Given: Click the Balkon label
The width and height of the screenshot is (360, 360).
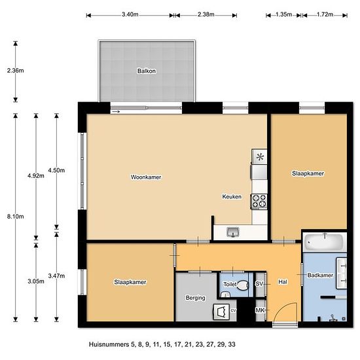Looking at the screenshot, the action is [x=147, y=71].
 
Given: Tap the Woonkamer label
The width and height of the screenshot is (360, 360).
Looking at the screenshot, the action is [x=146, y=177].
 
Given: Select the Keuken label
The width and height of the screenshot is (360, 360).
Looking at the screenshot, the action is [x=232, y=196].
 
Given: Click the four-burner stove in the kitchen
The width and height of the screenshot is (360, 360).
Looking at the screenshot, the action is [x=259, y=201].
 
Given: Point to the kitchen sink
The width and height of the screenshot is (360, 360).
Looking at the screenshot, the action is [x=233, y=232].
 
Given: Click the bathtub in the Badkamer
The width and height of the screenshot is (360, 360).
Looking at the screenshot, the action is [x=325, y=242].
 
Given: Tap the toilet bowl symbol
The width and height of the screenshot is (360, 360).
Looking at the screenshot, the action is [x=243, y=285].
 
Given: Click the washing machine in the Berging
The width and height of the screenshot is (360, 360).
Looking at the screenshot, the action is [x=221, y=312].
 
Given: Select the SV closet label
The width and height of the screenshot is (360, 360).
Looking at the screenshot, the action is [x=259, y=284].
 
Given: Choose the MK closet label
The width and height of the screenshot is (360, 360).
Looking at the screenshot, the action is [x=260, y=310].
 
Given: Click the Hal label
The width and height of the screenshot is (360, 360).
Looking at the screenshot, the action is [x=283, y=281].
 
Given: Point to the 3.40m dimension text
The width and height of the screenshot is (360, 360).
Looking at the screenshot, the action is [x=130, y=14].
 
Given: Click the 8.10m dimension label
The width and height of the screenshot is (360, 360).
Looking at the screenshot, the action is [x=16, y=216].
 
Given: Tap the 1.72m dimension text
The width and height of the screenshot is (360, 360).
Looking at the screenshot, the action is [x=325, y=14].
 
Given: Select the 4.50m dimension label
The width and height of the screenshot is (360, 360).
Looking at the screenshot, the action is [x=56, y=170].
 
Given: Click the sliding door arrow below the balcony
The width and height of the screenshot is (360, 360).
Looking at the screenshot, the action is [x=116, y=111].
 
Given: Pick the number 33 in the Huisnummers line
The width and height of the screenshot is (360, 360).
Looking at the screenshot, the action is [x=232, y=344].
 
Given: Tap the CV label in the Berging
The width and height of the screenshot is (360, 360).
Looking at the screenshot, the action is [x=233, y=311].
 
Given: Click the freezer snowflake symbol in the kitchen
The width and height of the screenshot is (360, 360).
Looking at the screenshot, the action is [x=260, y=157].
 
